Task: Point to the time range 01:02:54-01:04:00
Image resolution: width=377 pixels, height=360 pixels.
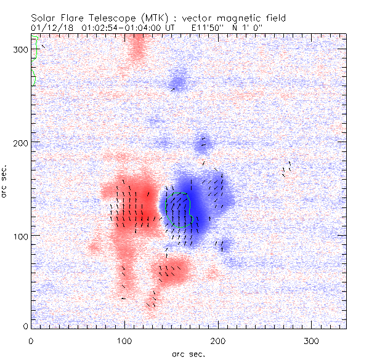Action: click(x=121, y=27)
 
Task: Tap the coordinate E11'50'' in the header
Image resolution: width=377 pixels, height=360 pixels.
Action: click(x=193, y=27)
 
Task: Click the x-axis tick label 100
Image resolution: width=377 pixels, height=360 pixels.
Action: click(x=124, y=340)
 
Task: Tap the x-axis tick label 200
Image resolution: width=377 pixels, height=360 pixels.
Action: click(x=218, y=340)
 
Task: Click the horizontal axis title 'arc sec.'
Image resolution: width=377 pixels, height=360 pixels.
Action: click(x=188, y=354)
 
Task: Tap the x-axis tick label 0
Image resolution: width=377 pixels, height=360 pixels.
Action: click(x=31, y=340)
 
